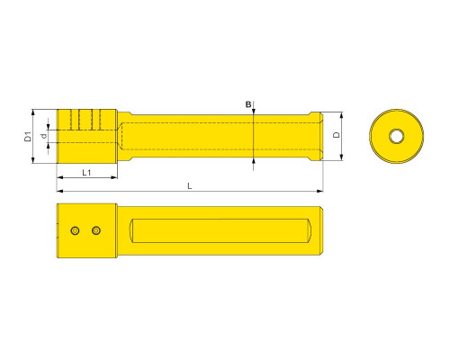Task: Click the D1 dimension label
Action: [28, 137]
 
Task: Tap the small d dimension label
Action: [44, 136]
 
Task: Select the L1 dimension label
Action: [86, 173]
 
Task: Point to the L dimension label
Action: [190, 186]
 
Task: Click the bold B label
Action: [248, 104]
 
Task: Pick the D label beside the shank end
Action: [337, 135]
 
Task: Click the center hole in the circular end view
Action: [396, 136]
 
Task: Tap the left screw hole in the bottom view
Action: [75, 230]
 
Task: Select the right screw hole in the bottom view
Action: [96, 230]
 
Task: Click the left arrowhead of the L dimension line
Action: [59, 191]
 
